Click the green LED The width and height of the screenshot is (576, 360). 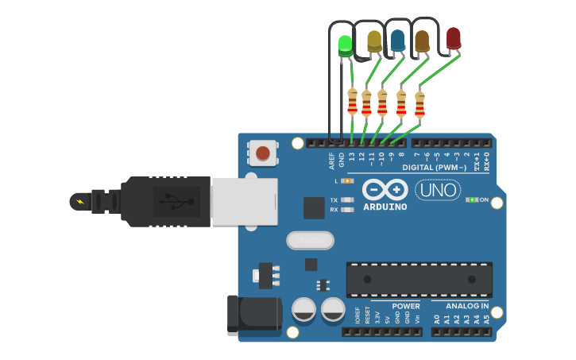click(345, 45)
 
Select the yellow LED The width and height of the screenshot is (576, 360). click(374, 41)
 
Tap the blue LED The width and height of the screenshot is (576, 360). click(397, 40)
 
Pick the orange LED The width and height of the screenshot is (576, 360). click(422, 41)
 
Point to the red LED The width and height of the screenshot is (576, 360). click(453, 38)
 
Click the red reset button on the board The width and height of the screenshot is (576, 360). click(263, 152)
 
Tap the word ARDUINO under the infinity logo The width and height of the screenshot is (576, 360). click(385, 207)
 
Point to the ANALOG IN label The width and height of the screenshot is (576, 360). click(467, 306)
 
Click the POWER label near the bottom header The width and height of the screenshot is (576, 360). click(406, 306)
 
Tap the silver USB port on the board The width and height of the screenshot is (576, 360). click(245, 201)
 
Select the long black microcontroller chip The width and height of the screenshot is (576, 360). click(419, 279)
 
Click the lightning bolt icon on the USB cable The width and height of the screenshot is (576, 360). click(79, 201)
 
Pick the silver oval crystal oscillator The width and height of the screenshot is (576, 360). click(310, 239)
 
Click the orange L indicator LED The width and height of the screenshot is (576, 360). click(347, 181)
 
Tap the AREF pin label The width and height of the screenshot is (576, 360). click(332, 160)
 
